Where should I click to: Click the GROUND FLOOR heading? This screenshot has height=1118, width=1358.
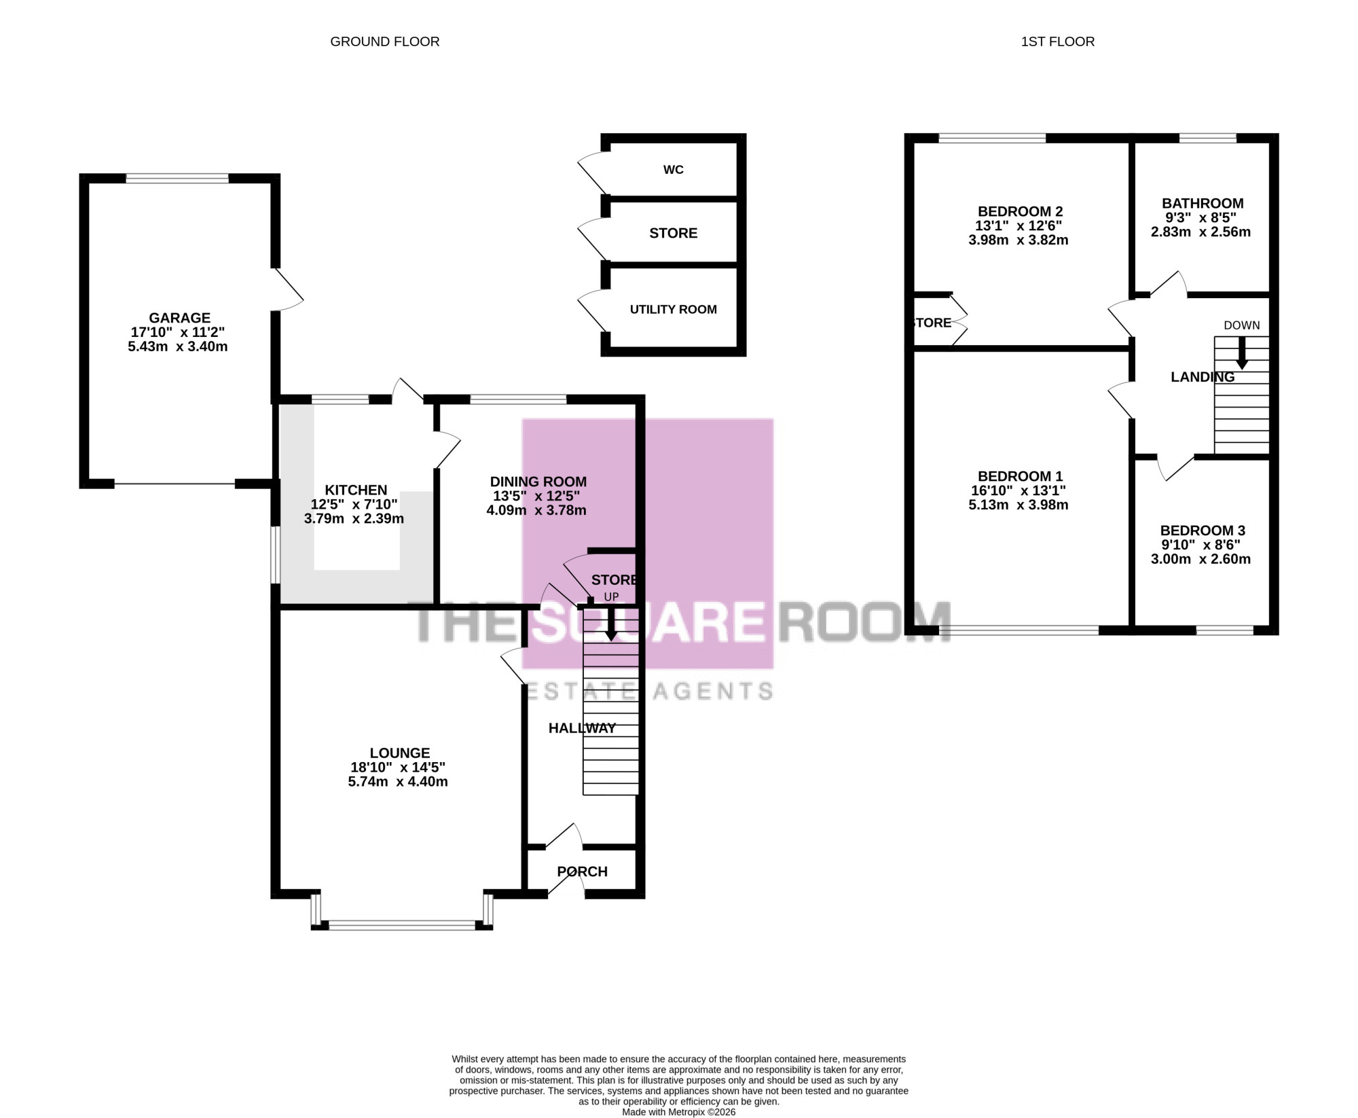pyautogui.click(x=384, y=42)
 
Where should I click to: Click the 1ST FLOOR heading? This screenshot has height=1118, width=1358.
pyautogui.click(x=1058, y=42)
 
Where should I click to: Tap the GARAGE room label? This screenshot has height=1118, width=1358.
pyautogui.click(x=180, y=318)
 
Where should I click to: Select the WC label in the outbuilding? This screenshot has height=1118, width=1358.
pyautogui.click(x=674, y=170)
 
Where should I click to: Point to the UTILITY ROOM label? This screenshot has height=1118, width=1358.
pyautogui.click(x=674, y=310)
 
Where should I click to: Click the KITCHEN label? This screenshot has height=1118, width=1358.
pyautogui.click(x=356, y=490)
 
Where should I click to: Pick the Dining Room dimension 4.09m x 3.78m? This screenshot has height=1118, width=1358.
pyautogui.click(x=536, y=510)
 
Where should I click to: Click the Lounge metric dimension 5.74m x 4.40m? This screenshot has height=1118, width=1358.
pyautogui.click(x=398, y=782)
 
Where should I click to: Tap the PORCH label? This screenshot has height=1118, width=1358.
pyautogui.click(x=582, y=872)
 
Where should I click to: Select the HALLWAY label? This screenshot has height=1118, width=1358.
pyautogui.click(x=582, y=728)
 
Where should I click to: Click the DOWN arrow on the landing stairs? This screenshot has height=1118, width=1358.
pyautogui.click(x=1242, y=353)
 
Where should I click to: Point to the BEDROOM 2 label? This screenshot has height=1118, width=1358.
pyautogui.click(x=1021, y=212)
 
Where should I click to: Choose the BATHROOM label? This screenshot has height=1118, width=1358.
pyautogui.click(x=1203, y=204)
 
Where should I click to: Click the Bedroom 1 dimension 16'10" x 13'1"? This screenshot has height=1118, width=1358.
pyautogui.click(x=1019, y=490)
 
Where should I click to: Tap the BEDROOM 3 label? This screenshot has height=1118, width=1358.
pyautogui.click(x=1203, y=531)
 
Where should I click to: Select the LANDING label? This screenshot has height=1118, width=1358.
pyautogui.click(x=1203, y=378)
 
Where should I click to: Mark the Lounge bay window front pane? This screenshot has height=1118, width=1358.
pyautogui.click(x=402, y=924)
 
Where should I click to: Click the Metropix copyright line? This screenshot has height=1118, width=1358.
pyautogui.click(x=679, y=1113)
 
